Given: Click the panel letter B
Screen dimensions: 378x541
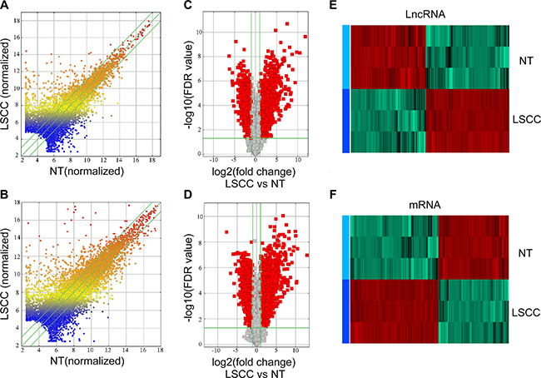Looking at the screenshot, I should [x=7, y=197].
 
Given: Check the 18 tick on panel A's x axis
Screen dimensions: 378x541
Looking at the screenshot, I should [x=151, y=159].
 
